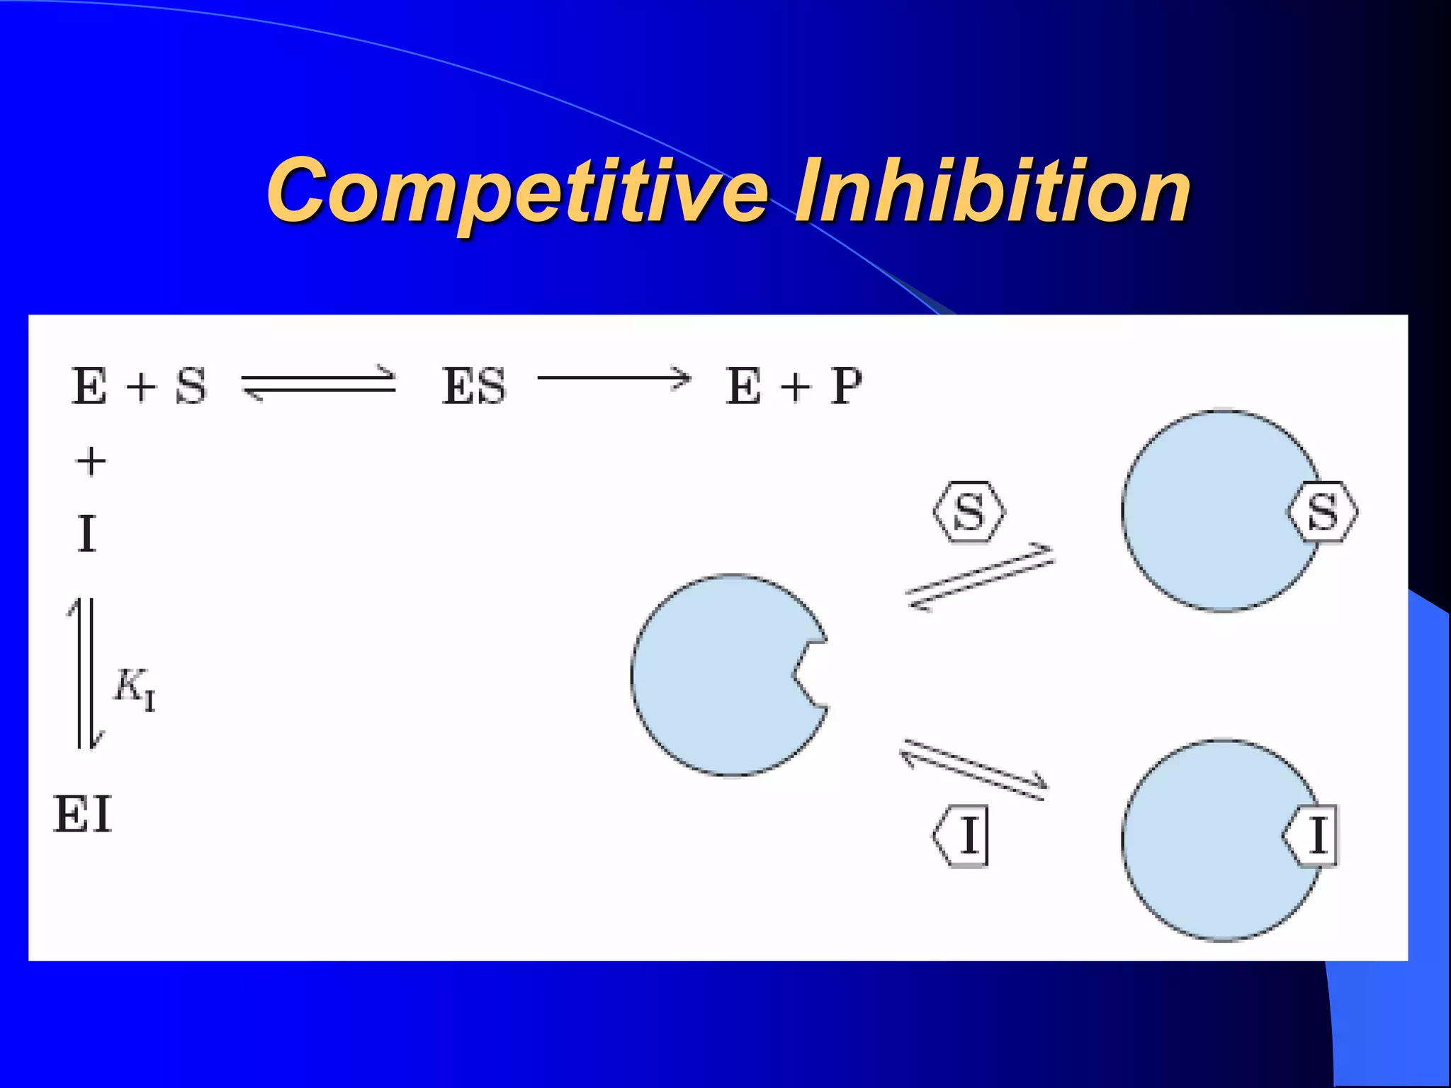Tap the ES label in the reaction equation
point(473,387)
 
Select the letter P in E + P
point(846,387)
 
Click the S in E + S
point(191,387)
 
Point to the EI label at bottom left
point(83,815)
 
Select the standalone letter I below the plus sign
point(86,534)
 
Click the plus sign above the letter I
point(91,462)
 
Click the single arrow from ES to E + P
point(614,378)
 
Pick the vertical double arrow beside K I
point(86,673)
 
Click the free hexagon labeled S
point(969,511)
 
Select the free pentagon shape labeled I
point(961,836)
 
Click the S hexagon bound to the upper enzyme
point(1322,511)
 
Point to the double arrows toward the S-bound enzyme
point(980,577)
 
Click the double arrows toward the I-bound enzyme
point(974,769)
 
